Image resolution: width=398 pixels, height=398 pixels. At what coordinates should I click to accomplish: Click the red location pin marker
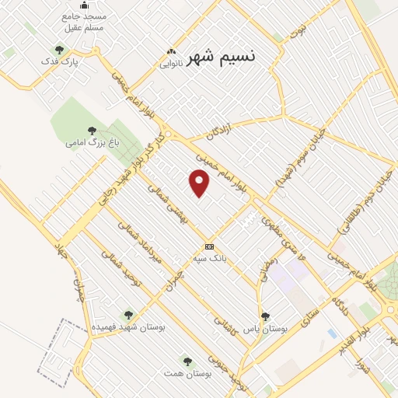[x=200, y=183]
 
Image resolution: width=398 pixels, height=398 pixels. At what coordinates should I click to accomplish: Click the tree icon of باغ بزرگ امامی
[x=92, y=131]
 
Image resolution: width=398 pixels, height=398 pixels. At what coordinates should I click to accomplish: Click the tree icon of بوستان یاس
[x=265, y=316]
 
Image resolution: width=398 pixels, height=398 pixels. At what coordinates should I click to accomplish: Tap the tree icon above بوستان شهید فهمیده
[x=128, y=316]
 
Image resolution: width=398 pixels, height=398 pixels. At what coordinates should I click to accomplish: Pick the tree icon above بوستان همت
[x=187, y=361]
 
